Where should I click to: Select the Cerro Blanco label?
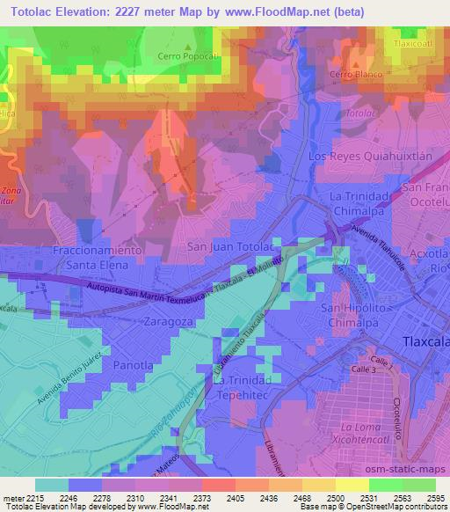tap(357, 75)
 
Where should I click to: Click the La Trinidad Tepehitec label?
tap(247, 387)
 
